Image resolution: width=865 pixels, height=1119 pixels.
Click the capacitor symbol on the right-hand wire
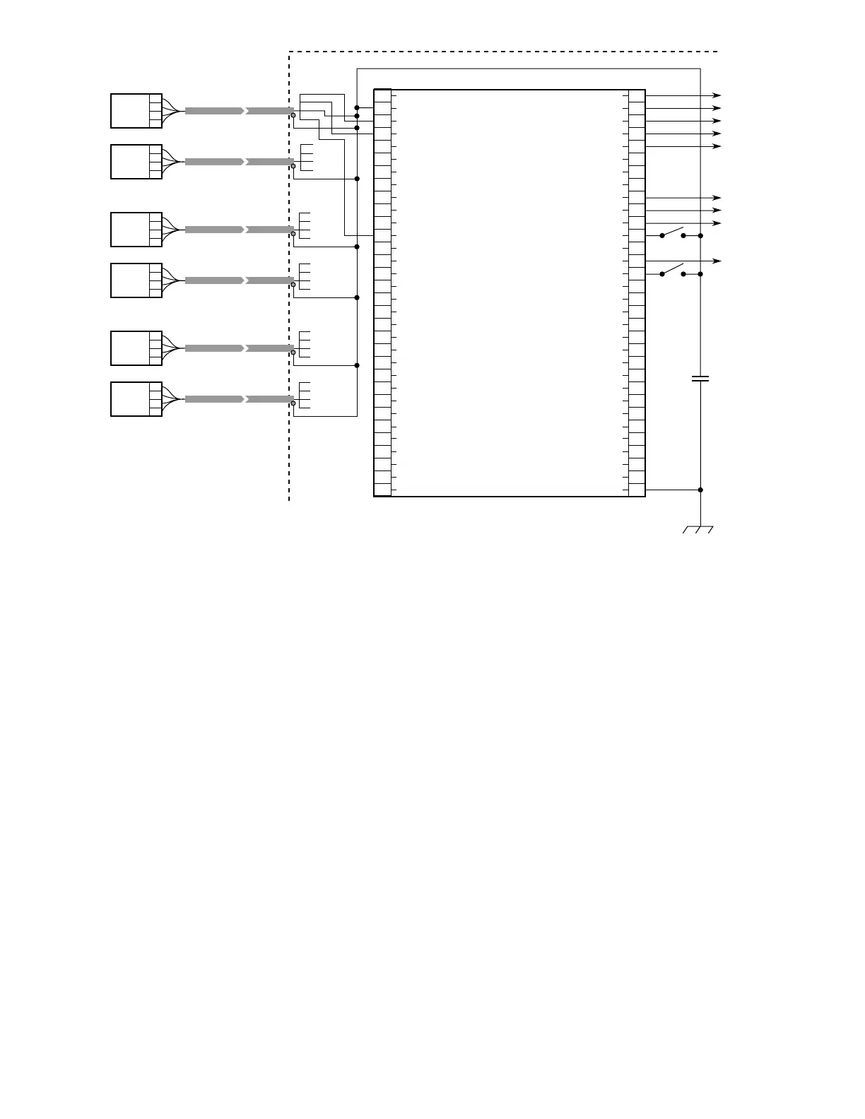click(700, 379)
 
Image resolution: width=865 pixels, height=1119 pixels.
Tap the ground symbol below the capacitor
click(698, 529)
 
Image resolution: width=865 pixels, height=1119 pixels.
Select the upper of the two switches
click(673, 232)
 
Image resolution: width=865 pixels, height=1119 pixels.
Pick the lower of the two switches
click(673, 271)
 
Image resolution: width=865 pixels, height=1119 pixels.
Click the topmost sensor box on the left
click(136, 111)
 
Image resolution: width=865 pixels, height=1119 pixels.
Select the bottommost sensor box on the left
click(136, 399)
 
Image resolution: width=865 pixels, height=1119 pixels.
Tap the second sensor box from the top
click(136, 162)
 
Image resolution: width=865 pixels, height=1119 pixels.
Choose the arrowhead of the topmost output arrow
click(717, 95)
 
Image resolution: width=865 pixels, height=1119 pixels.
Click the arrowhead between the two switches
click(717, 261)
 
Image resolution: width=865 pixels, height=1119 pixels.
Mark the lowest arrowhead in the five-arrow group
click(717, 146)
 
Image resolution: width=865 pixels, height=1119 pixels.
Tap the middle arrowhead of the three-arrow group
click(717, 211)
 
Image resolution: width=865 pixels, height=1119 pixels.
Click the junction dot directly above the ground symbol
click(700, 490)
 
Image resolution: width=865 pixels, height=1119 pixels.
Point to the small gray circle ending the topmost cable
click(293, 115)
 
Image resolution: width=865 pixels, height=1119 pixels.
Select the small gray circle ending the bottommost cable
click(293, 403)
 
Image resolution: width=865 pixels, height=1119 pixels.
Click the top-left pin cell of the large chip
click(382, 96)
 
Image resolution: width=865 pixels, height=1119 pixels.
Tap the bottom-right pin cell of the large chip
click(637, 490)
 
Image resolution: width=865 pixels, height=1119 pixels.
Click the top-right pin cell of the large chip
click(637, 96)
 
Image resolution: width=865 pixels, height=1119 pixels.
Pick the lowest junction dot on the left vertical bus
click(357, 365)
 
